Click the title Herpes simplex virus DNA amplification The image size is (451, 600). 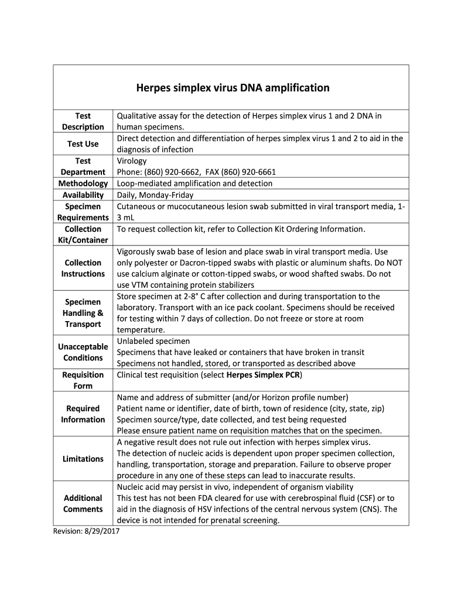point(233,88)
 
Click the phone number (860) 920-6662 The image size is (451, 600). point(172,172)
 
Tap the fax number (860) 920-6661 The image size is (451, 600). point(248,172)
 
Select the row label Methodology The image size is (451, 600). point(83,183)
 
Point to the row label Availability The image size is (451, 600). point(83,195)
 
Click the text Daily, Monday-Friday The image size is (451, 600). point(155,195)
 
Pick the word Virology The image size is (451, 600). point(132,161)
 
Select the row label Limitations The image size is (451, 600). point(83,459)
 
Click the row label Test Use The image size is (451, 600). point(83,144)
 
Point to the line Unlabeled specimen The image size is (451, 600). point(153,341)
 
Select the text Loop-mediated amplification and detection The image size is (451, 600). point(194,183)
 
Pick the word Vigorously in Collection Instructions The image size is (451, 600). point(138,251)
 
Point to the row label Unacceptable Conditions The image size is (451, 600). point(83,352)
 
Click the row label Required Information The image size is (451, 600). point(83,414)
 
